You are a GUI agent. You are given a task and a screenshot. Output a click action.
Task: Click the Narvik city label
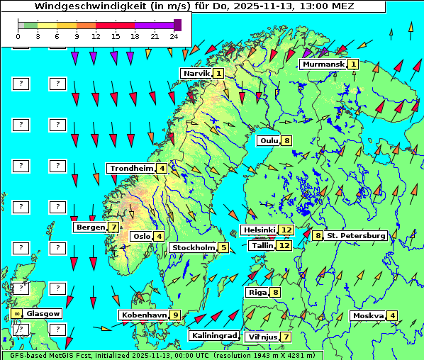(x=196, y=73)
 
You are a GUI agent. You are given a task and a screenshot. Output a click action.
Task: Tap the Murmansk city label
(x=323, y=64)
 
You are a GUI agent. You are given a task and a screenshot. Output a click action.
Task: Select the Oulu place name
(x=269, y=140)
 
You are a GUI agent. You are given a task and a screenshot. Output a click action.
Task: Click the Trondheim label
(x=131, y=169)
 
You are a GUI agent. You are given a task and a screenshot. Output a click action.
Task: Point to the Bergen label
(x=90, y=227)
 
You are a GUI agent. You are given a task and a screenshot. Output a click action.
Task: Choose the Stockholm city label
(x=192, y=247)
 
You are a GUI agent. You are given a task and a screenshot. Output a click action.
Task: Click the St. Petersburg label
(x=356, y=235)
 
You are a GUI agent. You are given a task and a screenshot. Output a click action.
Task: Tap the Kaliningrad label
(x=213, y=335)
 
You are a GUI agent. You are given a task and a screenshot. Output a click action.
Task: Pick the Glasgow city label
(x=44, y=313)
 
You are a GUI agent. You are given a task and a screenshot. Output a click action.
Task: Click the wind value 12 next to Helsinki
(x=286, y=230)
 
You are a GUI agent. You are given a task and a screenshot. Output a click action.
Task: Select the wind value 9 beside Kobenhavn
(x=175, y=315)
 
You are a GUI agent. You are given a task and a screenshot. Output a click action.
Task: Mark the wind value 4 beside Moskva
(x=392, y=315)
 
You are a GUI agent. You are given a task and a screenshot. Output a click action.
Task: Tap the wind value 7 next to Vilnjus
(x=286, y=337)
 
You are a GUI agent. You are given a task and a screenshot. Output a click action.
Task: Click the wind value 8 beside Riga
(x=275, y=292)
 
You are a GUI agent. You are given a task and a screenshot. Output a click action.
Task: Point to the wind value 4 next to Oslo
(x=159, y=236)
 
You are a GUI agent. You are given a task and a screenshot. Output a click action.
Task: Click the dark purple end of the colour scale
(x=177, y=25)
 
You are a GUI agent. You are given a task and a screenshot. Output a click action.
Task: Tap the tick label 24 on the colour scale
(x=174, y=35)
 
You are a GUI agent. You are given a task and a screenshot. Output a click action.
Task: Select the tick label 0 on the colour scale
(x=19, y=35)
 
